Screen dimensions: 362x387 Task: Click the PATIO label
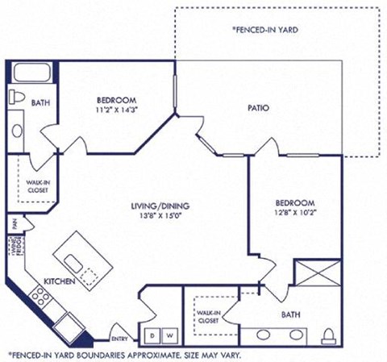click(258, 107)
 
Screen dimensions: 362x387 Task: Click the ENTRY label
click(119, 339)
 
